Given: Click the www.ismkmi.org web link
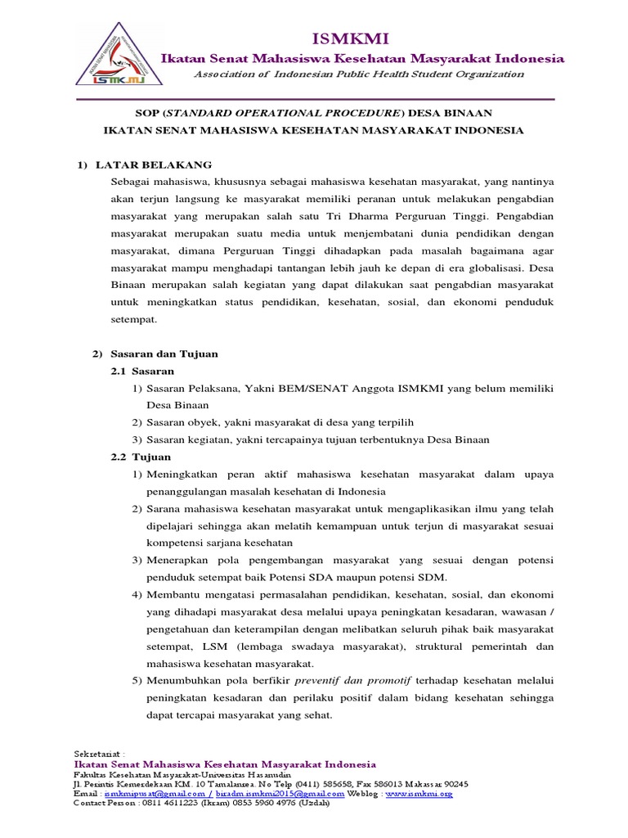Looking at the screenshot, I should pyautogui.click(x=418, y=794).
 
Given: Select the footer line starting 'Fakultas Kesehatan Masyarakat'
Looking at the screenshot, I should pyautogui.click(x=188, y=774).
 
